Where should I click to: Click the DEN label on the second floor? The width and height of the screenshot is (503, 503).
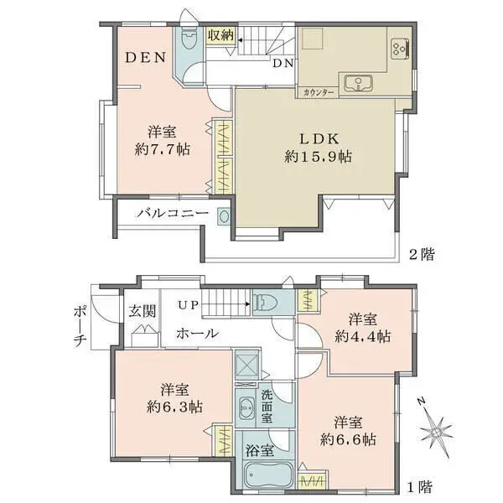(145, 57)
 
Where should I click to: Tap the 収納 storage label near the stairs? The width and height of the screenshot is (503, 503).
(220, 35)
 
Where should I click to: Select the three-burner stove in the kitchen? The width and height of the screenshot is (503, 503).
(400, 49)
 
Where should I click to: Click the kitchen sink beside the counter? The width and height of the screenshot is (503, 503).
(358, 83)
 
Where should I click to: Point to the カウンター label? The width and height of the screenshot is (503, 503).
(319, 93)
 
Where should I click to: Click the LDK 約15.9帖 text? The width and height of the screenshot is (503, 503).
(319, 148)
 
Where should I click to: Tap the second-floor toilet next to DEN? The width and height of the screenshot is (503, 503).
(189, 39)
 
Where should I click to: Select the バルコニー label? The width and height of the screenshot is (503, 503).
(173, 213)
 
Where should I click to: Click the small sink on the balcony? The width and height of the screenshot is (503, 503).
(224, 216)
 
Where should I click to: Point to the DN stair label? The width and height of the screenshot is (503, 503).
(283, 64)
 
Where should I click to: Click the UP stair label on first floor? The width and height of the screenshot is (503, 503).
(188, 305)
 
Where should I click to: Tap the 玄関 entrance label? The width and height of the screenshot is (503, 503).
(143, 311)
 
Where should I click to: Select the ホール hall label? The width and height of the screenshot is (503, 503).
(197, 334)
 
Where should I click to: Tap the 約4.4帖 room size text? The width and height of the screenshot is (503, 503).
(363, 337)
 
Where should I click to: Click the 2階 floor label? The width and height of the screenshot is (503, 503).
(422, 255)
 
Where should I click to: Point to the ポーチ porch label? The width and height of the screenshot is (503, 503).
(79, 325)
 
